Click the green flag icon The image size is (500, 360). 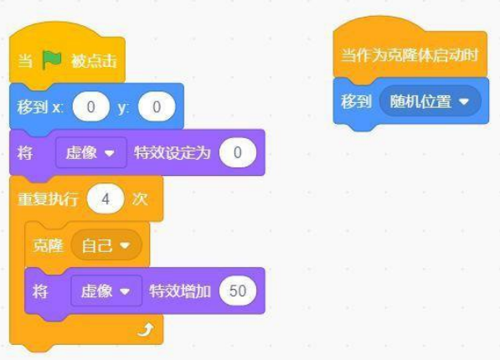click(x=52, y=60)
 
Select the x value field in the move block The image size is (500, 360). click(x=91, y=107)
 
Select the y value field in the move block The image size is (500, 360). click(x=157, y=107)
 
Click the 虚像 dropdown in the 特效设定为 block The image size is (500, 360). click(x=91, y=152)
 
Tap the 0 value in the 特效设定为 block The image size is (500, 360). click(x=238, y=152)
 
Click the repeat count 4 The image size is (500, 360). click(x=106, y=199)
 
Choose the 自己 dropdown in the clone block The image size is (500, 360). click(x=106, y=245)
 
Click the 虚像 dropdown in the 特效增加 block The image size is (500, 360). click(x=106, y=291)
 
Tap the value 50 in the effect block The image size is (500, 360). click(x=238, y=291)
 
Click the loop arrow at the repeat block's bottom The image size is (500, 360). click(x=146, y=330)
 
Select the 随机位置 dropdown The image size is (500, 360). click(x=430, y=101)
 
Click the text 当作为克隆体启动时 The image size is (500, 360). click(x=410, y=55)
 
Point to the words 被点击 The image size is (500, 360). click(x=94, y=60)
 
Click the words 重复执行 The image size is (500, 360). click(x=48, y=199)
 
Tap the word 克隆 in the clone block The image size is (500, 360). click(x=48, y=245)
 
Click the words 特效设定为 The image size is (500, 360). click(x=173, y=152)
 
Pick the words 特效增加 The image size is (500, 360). click(x=180, y=291)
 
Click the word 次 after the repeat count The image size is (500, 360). click(x=140, y=199)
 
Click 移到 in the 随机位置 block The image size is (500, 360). click(x=356, y=101)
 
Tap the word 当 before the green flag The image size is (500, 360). click(x=25, y=60)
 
